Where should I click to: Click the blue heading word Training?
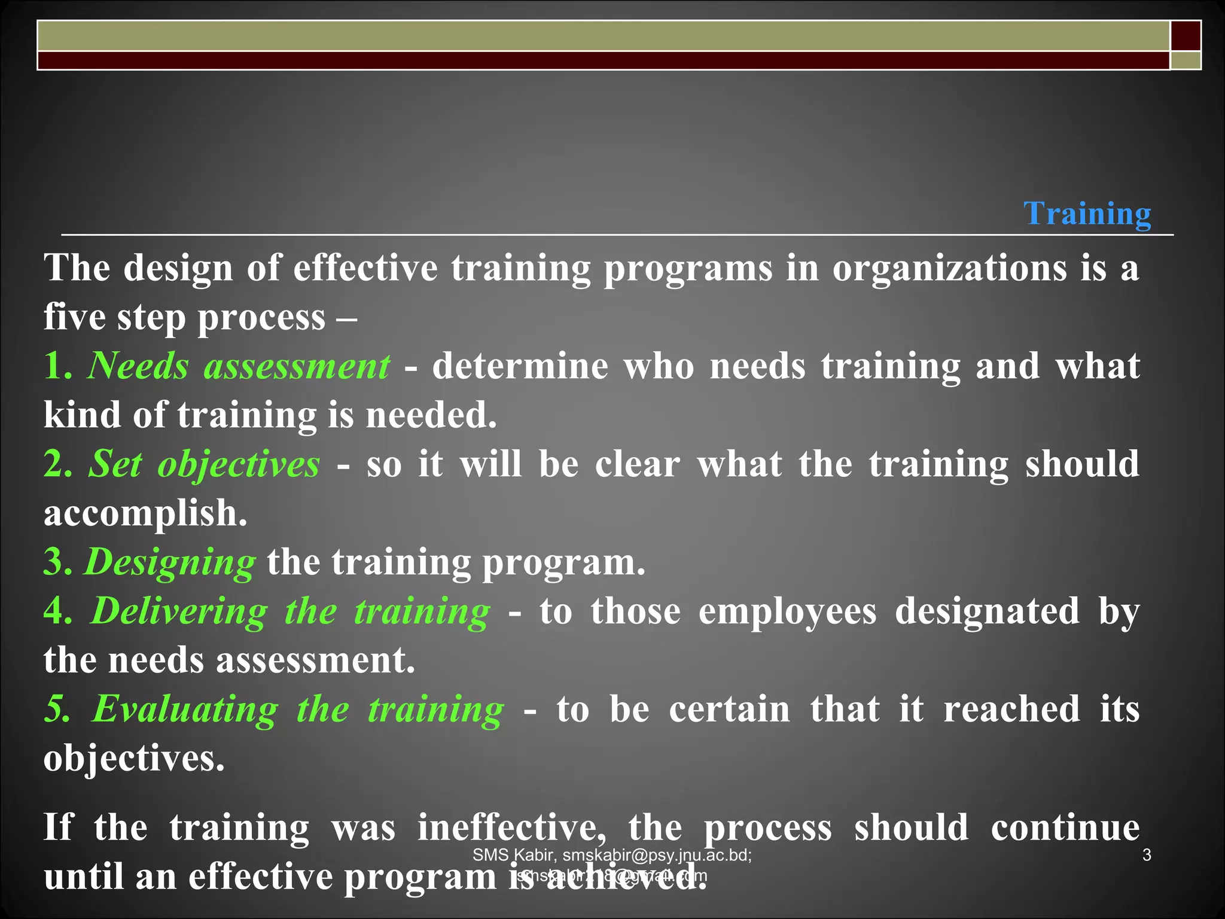pos(1087,214)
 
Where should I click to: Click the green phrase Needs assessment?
pos(239,366)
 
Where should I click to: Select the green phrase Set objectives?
pos(204,464)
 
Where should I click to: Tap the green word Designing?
pos(170,562)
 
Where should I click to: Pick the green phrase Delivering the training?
pos(291,611)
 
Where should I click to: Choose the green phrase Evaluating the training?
pos(297,710)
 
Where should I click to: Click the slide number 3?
pos(1147,855)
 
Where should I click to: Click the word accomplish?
pos(145,513)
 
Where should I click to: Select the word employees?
pos(788,611)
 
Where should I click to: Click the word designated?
pos(987,611)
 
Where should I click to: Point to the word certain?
pos(730,710)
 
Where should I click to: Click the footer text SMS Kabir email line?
pos(612,855)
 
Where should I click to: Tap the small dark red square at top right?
pos(1186,36)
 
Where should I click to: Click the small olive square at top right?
pos(1186,60)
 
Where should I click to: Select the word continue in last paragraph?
pos(1065,828)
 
